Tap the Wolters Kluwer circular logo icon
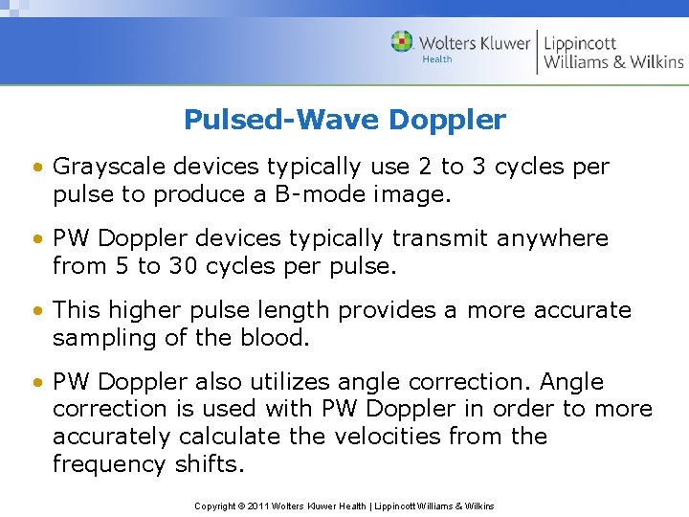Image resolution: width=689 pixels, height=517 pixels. pos(402,42)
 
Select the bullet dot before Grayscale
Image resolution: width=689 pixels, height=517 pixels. pos(35,168)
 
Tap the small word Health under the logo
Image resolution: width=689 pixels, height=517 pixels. pos(437,59)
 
